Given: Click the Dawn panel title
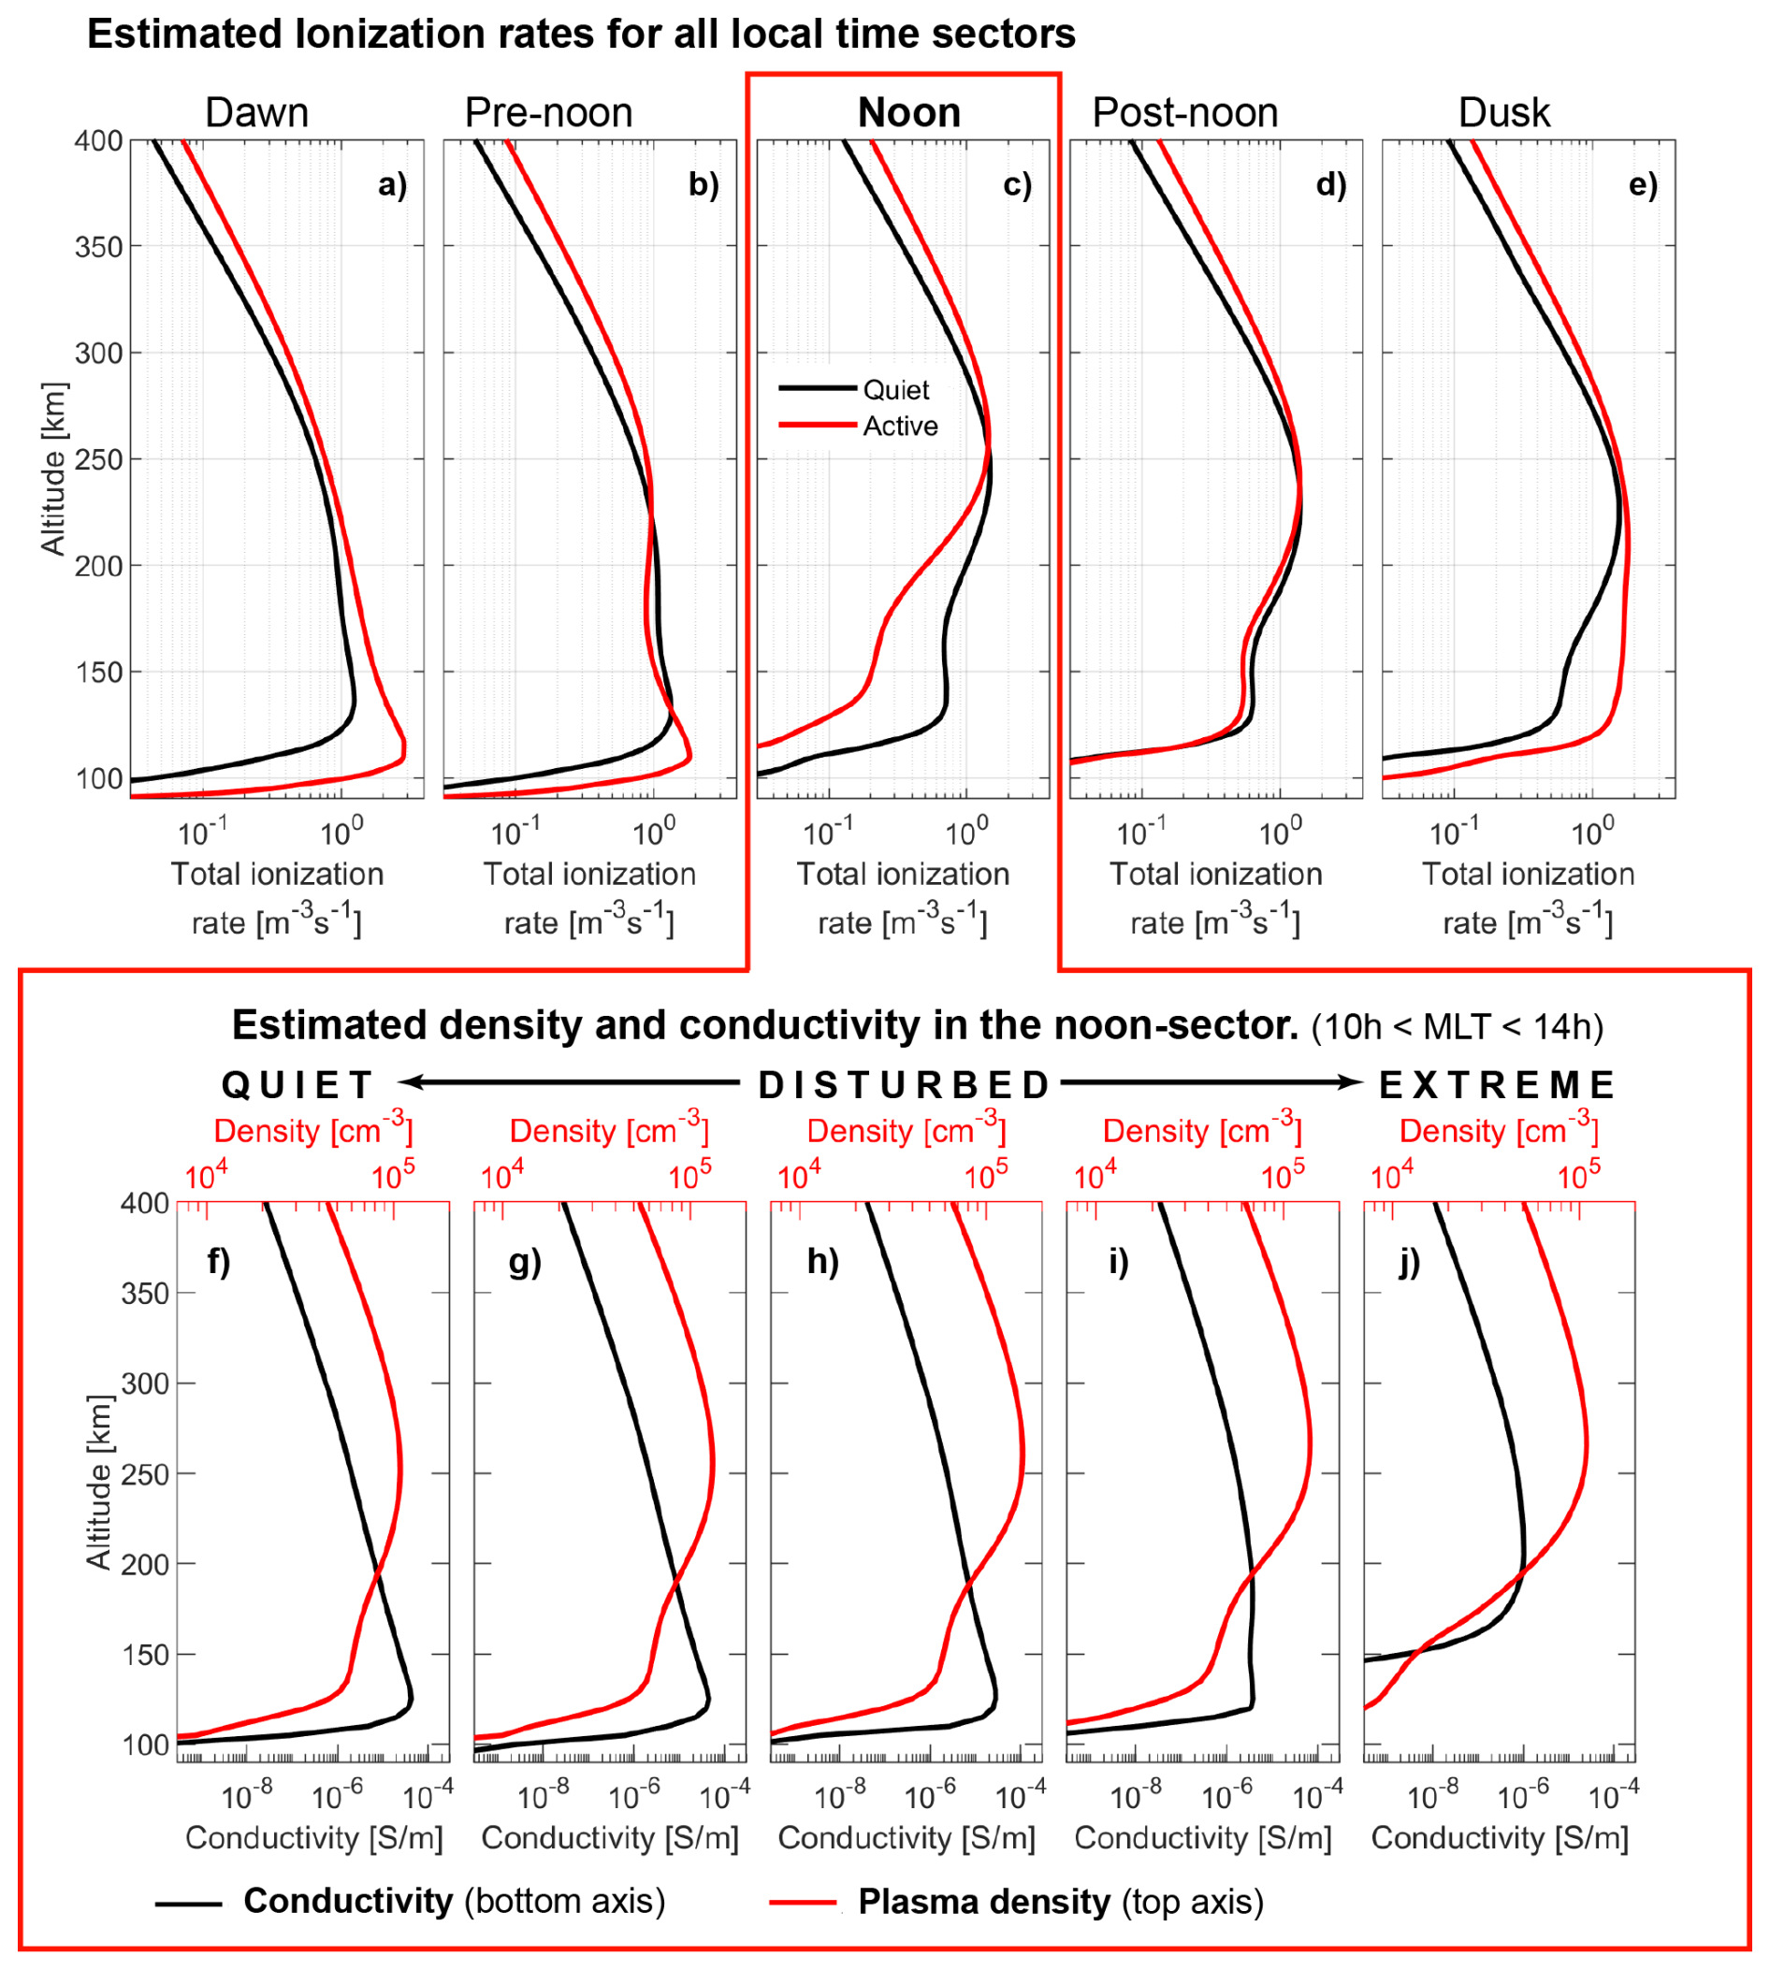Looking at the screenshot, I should (256, 113).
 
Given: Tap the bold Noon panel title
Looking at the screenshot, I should (908, 113).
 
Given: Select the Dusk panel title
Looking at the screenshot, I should (1503, 113).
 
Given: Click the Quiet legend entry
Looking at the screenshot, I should (895, 390).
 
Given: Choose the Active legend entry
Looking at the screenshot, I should (900, 426).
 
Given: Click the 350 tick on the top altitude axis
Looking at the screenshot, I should (99, 247).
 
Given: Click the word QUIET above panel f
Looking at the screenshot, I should (297, 1085).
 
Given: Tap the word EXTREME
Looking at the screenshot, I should (1497, 1085).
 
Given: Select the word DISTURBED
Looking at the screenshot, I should (905, 1085).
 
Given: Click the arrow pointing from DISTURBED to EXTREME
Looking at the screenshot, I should (1211, 1082).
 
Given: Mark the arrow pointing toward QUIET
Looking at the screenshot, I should (570, 1082).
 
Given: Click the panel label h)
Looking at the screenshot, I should (822, 1261).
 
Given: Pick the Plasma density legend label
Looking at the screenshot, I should (1060, 1902).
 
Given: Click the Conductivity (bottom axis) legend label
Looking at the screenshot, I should (453, 1901).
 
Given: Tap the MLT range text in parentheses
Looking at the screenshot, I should (1457, 1027).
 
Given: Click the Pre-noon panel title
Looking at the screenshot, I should (548, 113).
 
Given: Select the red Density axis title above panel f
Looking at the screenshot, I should (313, 1131).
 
